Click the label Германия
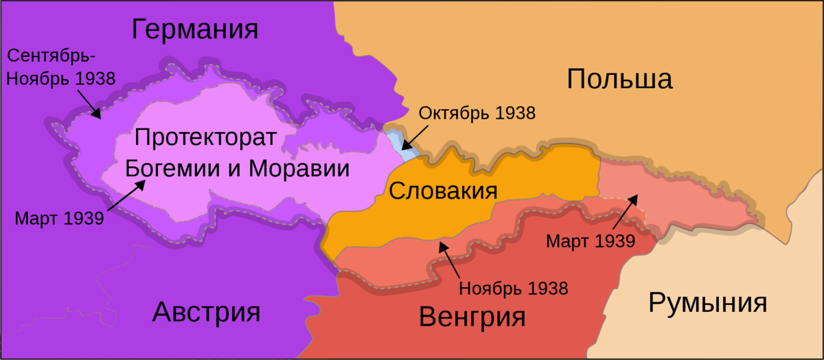coord(195,30)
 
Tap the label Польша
coord(619,80)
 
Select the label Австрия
coord(206,313)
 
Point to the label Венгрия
coord(472,317)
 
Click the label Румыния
coord(707,302)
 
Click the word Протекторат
coord(205,137)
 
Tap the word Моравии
coord(298,169)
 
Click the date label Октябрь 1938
coord(477,113)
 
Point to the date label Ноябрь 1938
coord(514,288)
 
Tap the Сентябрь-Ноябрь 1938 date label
coord(60,67)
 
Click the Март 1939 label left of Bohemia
coord(59,218)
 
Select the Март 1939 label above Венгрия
coord(590,241)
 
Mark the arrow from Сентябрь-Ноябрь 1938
coord(89,103)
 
